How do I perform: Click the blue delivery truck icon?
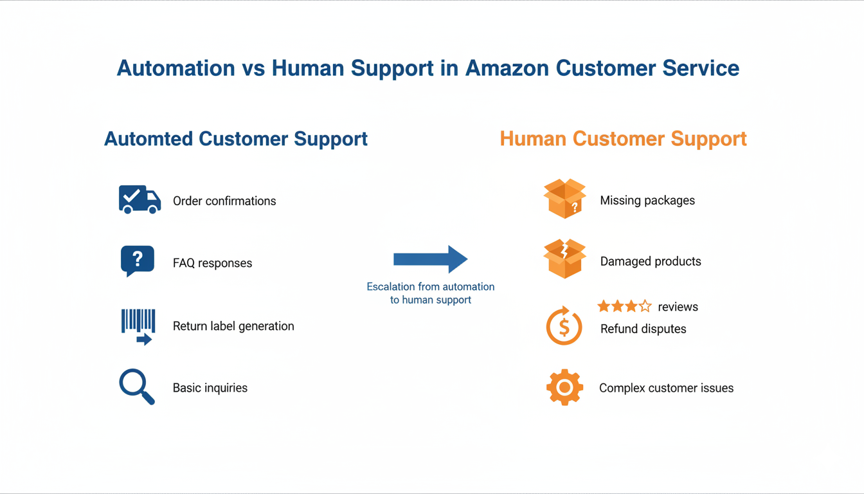click(139, 200)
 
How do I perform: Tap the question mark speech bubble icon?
click(137, 261)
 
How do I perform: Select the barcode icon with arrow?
click(138, 326)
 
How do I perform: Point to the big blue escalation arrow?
click(430, 259)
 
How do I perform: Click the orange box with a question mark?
click(564, 199)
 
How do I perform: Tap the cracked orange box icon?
click(564, 259)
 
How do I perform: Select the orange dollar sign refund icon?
click(564, 326)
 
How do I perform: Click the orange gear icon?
click(564, 387)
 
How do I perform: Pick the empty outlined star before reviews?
click(645, 306)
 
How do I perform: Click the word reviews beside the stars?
click(678, 307)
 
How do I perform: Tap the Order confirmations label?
click(224, 201)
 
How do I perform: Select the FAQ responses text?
click(212, 263)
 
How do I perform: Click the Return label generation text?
click(233, 326)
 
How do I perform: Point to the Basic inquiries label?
click(210, 388)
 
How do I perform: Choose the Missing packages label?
click(647, 200)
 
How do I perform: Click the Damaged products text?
click(651, 261)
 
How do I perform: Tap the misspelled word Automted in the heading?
click(148, 139)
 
